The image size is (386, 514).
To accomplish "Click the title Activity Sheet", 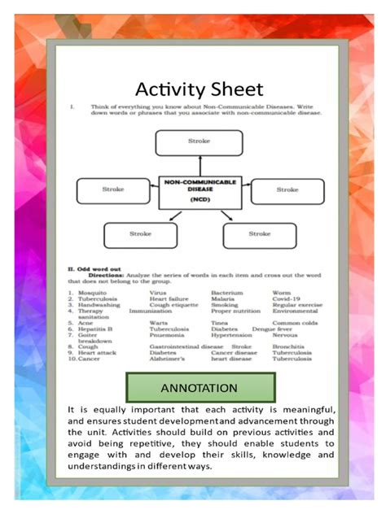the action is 199,89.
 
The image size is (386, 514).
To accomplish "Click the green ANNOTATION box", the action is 200,387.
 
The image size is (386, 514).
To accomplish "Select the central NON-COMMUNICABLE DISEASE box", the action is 193,192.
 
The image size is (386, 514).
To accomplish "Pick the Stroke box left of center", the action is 112,189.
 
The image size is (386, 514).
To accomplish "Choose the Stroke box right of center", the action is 287,190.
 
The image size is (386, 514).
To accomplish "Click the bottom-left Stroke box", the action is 140,234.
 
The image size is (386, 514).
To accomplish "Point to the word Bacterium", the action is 227,291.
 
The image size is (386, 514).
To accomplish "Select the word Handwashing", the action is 98,305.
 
